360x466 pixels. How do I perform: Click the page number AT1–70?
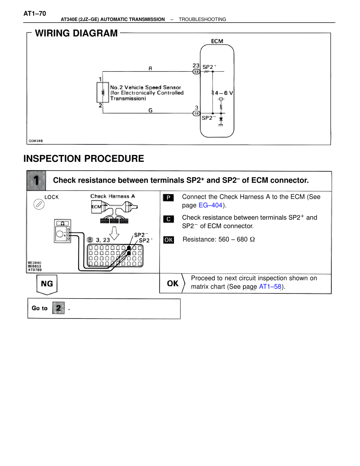(35, 14)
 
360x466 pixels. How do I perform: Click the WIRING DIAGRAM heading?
(76, 33)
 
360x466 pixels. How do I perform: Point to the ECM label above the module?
(217, 41)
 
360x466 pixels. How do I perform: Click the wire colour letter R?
(150, 68)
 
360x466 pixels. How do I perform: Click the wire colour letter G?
(150, 110)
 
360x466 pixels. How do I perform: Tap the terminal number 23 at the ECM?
(196, 66)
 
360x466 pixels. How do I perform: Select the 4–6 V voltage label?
(224, 93)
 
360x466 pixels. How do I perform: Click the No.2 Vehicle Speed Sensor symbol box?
(103, 92)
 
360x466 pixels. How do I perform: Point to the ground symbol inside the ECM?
(221, 125)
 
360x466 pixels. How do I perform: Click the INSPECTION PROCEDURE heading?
(84, 159)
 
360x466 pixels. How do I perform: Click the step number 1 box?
(36, 180)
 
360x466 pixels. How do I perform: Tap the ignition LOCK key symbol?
(39, 204)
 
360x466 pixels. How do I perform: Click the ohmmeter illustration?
(62, 231)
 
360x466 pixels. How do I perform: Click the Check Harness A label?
(112, 196)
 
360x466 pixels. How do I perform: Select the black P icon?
(168, 198)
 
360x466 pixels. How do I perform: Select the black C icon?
(168, 219)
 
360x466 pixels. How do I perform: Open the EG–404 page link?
(210, 205)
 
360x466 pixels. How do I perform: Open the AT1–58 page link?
(270, 287)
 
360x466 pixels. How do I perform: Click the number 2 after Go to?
(58, 308)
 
